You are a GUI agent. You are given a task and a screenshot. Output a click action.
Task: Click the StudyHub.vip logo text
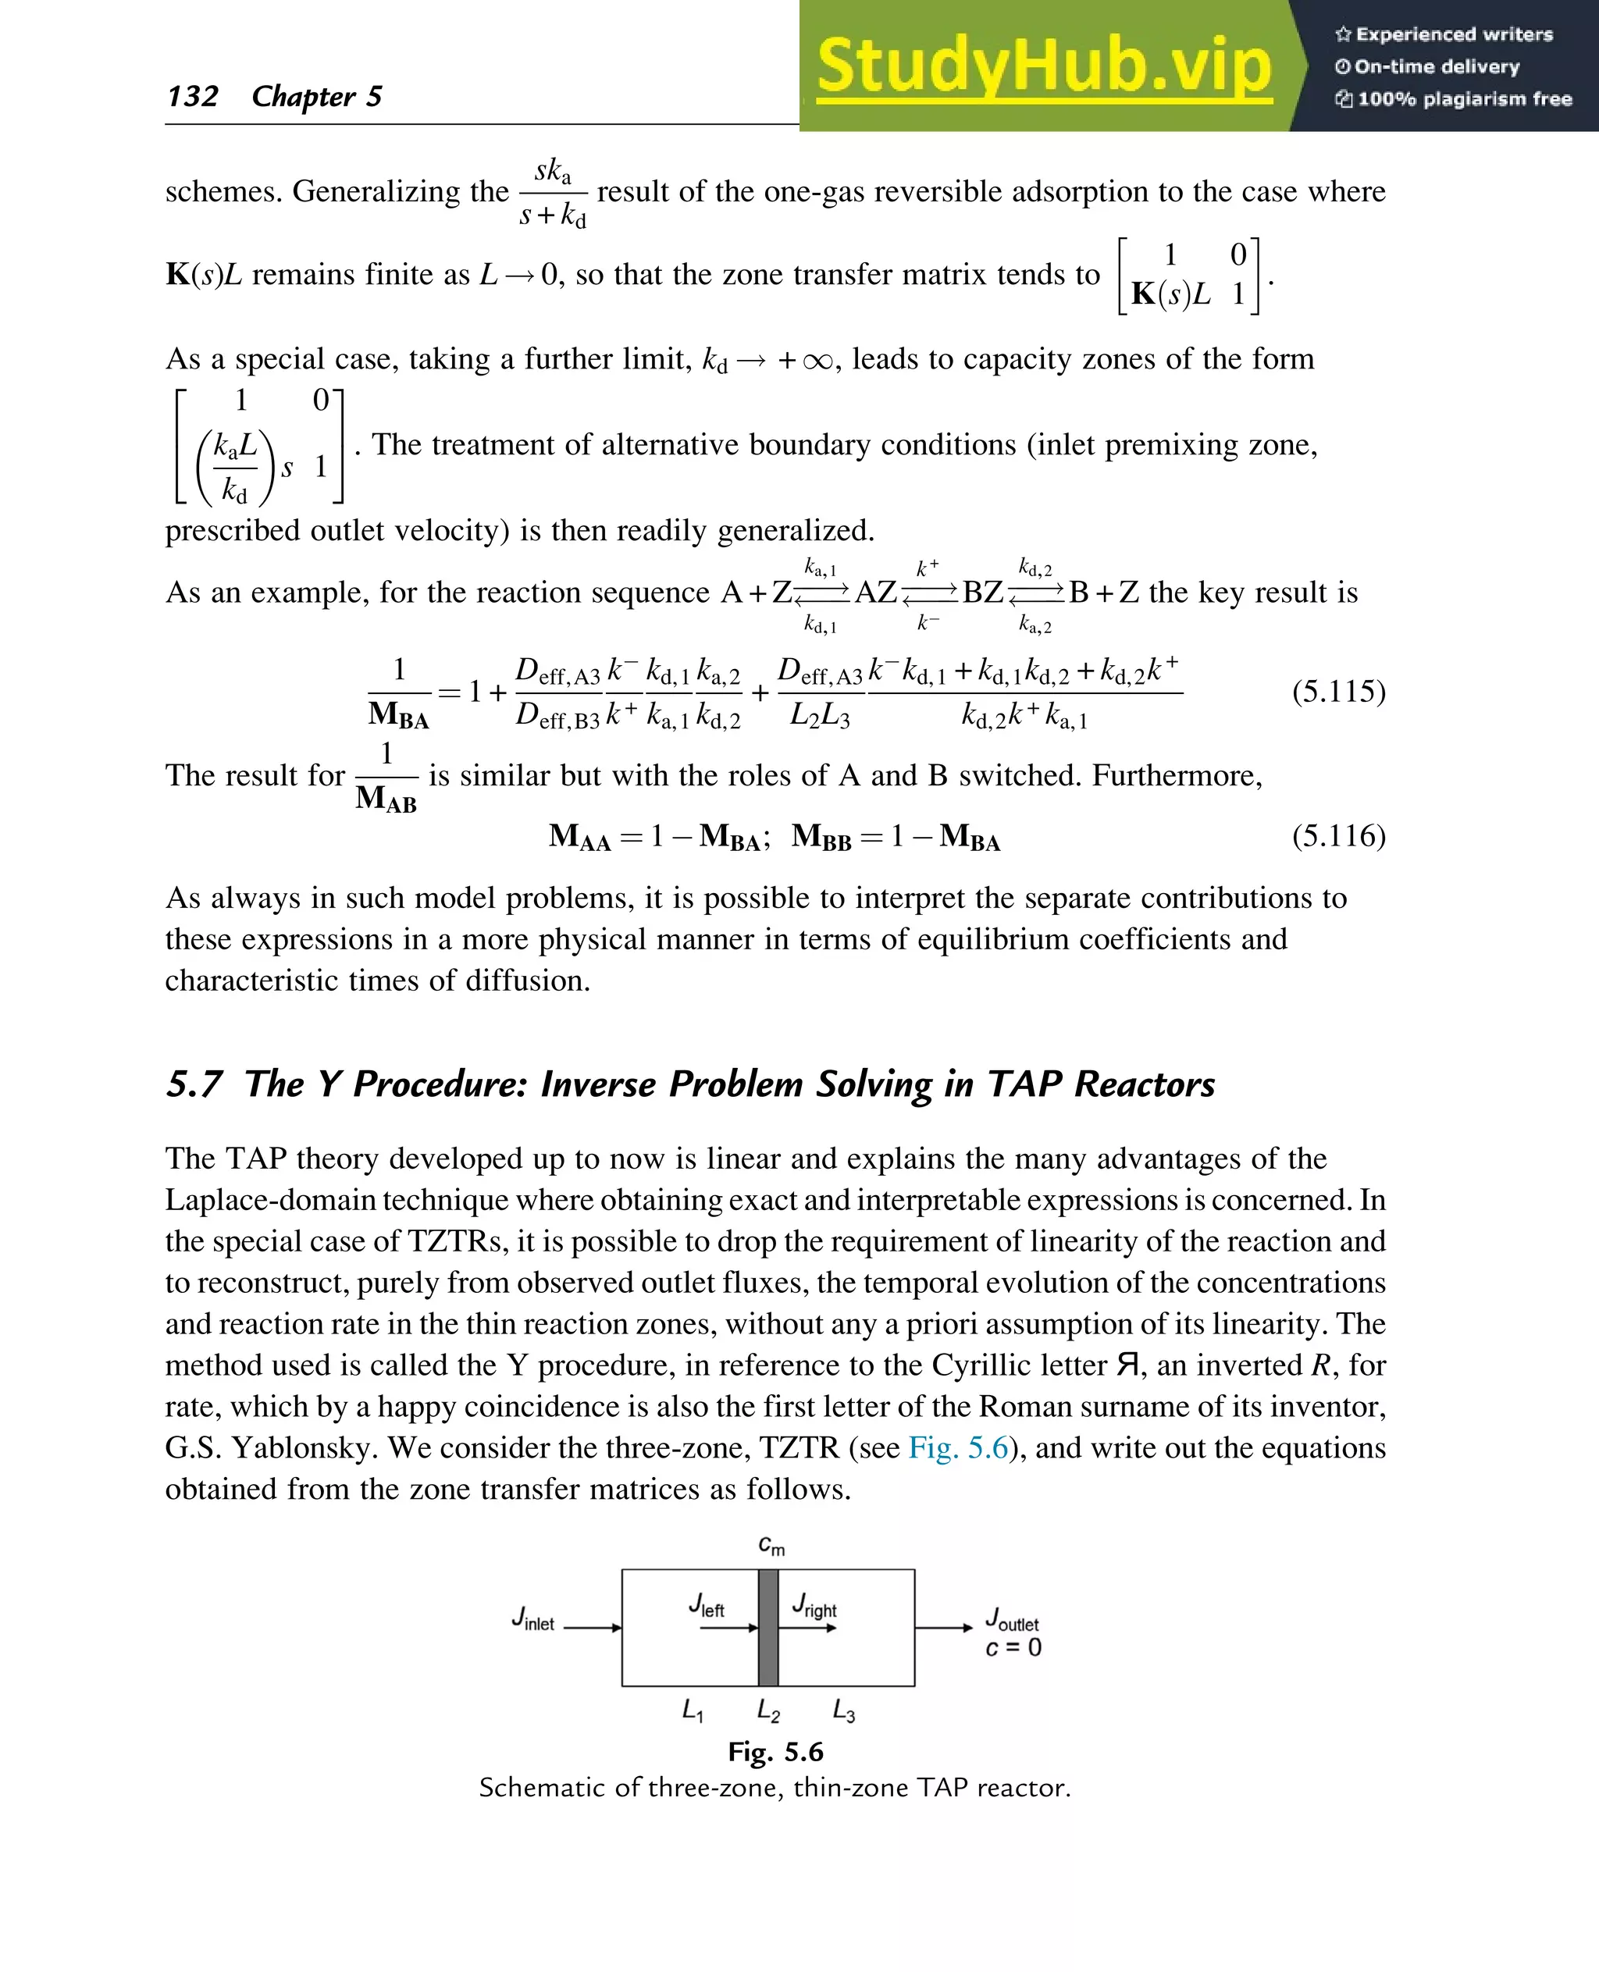(1044, 66)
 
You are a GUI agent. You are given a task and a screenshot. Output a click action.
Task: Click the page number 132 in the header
(193, 96)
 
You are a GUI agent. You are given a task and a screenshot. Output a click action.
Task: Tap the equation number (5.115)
(1337, 691)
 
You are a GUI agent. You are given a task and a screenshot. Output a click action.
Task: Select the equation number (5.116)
(1337, 835)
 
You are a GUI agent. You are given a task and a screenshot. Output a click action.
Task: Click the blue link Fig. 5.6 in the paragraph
(958, 1447)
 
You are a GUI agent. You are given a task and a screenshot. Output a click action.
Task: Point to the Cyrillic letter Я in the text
(1128, 1364)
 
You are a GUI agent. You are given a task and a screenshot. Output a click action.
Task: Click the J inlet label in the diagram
(533, 1619)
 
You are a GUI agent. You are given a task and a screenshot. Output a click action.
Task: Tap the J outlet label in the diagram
(1011, 1618)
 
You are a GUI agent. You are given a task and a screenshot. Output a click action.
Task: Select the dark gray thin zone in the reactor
(767, 1628)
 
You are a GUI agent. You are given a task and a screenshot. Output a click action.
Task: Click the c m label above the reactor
(771, 1545)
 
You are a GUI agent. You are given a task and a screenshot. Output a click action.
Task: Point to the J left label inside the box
(707, 1605)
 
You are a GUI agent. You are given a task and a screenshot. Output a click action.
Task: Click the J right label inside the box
(814, 1605)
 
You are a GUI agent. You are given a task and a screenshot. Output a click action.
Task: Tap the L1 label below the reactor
(693, 1711)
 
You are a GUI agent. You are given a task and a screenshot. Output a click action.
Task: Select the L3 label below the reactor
(844, 1711)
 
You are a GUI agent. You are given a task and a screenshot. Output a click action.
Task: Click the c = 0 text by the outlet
(1013, 1648)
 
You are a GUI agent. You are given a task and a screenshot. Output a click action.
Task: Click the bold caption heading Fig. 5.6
(775, 1751)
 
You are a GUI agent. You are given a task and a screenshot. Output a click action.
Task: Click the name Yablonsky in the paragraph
(304, 1447)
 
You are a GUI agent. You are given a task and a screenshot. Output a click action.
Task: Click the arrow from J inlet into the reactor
(593, 1628)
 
